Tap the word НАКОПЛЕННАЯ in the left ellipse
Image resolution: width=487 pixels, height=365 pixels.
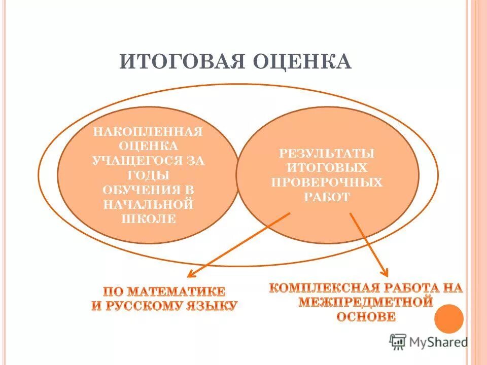[148, 132]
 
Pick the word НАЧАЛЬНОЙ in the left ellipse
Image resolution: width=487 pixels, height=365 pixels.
[148, 204]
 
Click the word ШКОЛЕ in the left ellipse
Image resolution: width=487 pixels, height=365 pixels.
[148, 219]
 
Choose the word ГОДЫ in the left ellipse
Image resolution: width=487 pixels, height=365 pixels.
[148, 175]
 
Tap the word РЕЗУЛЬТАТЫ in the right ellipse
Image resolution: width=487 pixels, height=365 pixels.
[328, 153]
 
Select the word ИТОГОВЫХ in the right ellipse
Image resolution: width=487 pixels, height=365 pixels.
[328, 167]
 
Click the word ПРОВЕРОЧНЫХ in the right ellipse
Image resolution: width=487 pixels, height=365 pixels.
[328, 182]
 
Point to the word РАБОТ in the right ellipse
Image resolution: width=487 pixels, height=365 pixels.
[328, 197]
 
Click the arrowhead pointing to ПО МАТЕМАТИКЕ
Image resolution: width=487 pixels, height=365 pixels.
[191, 275]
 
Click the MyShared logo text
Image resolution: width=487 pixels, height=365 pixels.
[439, 342]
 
